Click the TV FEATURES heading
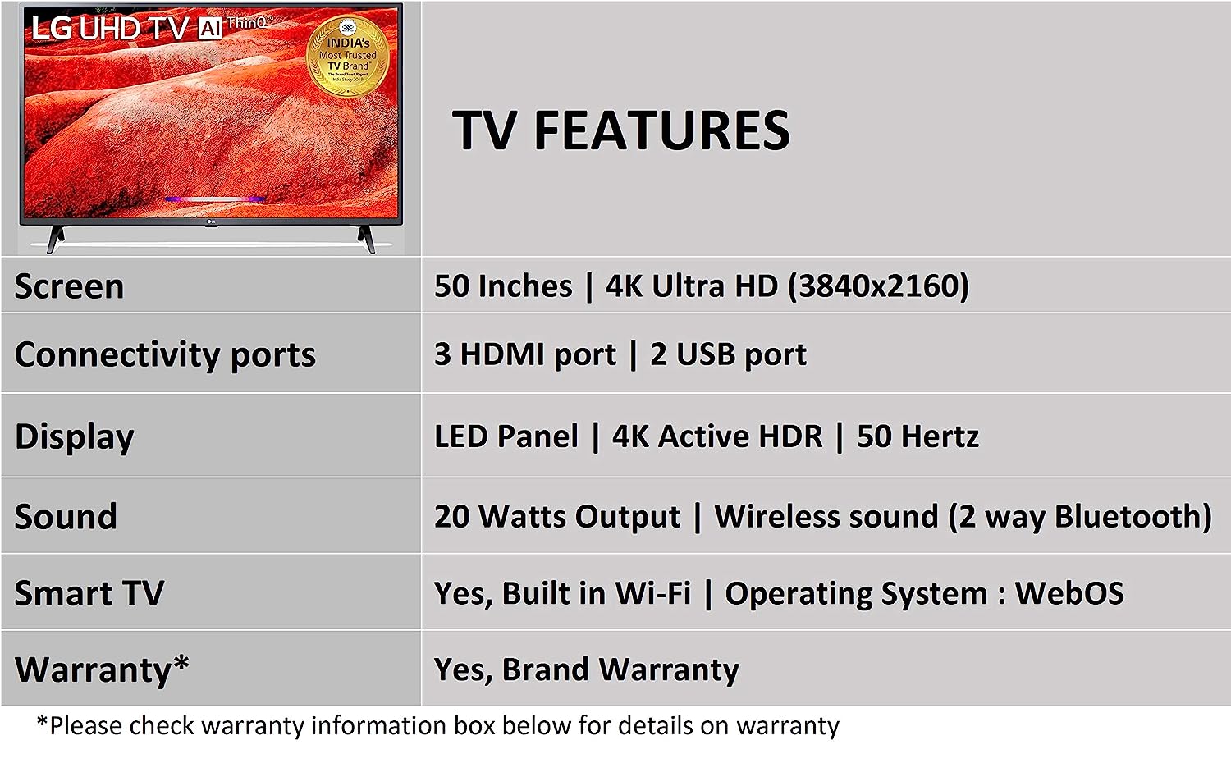(x=620, y=130)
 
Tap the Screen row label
(x=69, y=286)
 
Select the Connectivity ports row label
(x=165, y=354)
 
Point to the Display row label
(x=74, y=436)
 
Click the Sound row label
(x=66, y=517)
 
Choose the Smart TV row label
(x=89, y=593)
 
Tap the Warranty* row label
(x=102, y=669)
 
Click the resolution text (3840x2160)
(x=878, y=286)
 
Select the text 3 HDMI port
(x=524, y=354)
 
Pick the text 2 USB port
(x=728, y=354)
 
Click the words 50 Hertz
(x=918, y=436)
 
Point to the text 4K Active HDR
(x=716, y=436)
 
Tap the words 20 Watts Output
(x=556, y=517)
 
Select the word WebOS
(x=1069, y=593)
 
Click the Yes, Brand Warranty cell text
(x=586, y=669)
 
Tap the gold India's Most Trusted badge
(x=348, y=56)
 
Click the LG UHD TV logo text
(x=110, y=29)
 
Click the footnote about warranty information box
(x=437, y=726)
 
